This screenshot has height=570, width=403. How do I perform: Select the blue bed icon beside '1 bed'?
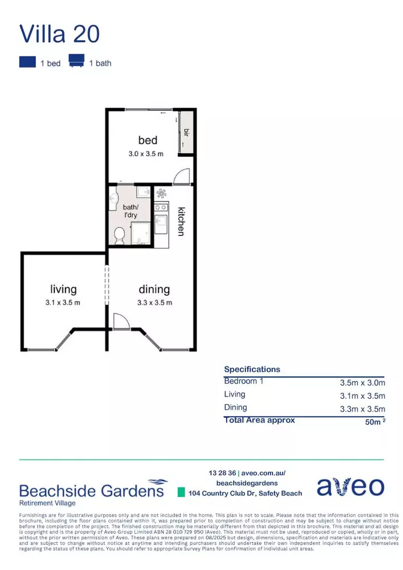(x=27, y=62)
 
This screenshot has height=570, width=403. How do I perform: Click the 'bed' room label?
(x=148, y=140)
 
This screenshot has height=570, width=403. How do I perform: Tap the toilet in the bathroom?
(x=119, y=235)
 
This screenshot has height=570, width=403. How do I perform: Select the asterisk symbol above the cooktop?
(x=161, y=193)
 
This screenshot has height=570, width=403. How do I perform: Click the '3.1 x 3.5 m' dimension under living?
(x=63, y=302)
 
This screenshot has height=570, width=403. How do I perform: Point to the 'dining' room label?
(x=154, y=289)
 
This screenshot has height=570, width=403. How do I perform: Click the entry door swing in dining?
(x=121, y=320)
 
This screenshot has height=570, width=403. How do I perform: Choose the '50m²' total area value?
(x=373, y=422)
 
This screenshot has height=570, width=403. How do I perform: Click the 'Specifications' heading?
(x=252, y=369)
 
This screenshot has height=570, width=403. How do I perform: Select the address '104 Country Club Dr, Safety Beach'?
(x=245, y=493)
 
